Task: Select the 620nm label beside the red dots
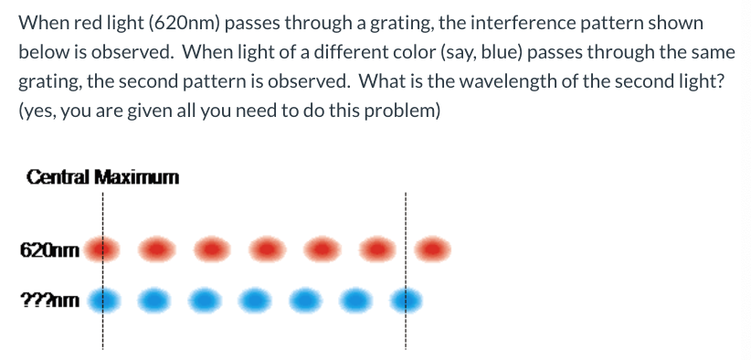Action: tap(50, 248)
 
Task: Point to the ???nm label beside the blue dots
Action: tap(50, 299)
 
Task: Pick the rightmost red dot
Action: tap(434, 248)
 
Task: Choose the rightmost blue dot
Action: tap(407, 299)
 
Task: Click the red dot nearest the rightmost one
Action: tap(376, 248)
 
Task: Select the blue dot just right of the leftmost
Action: tap(156, 299)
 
